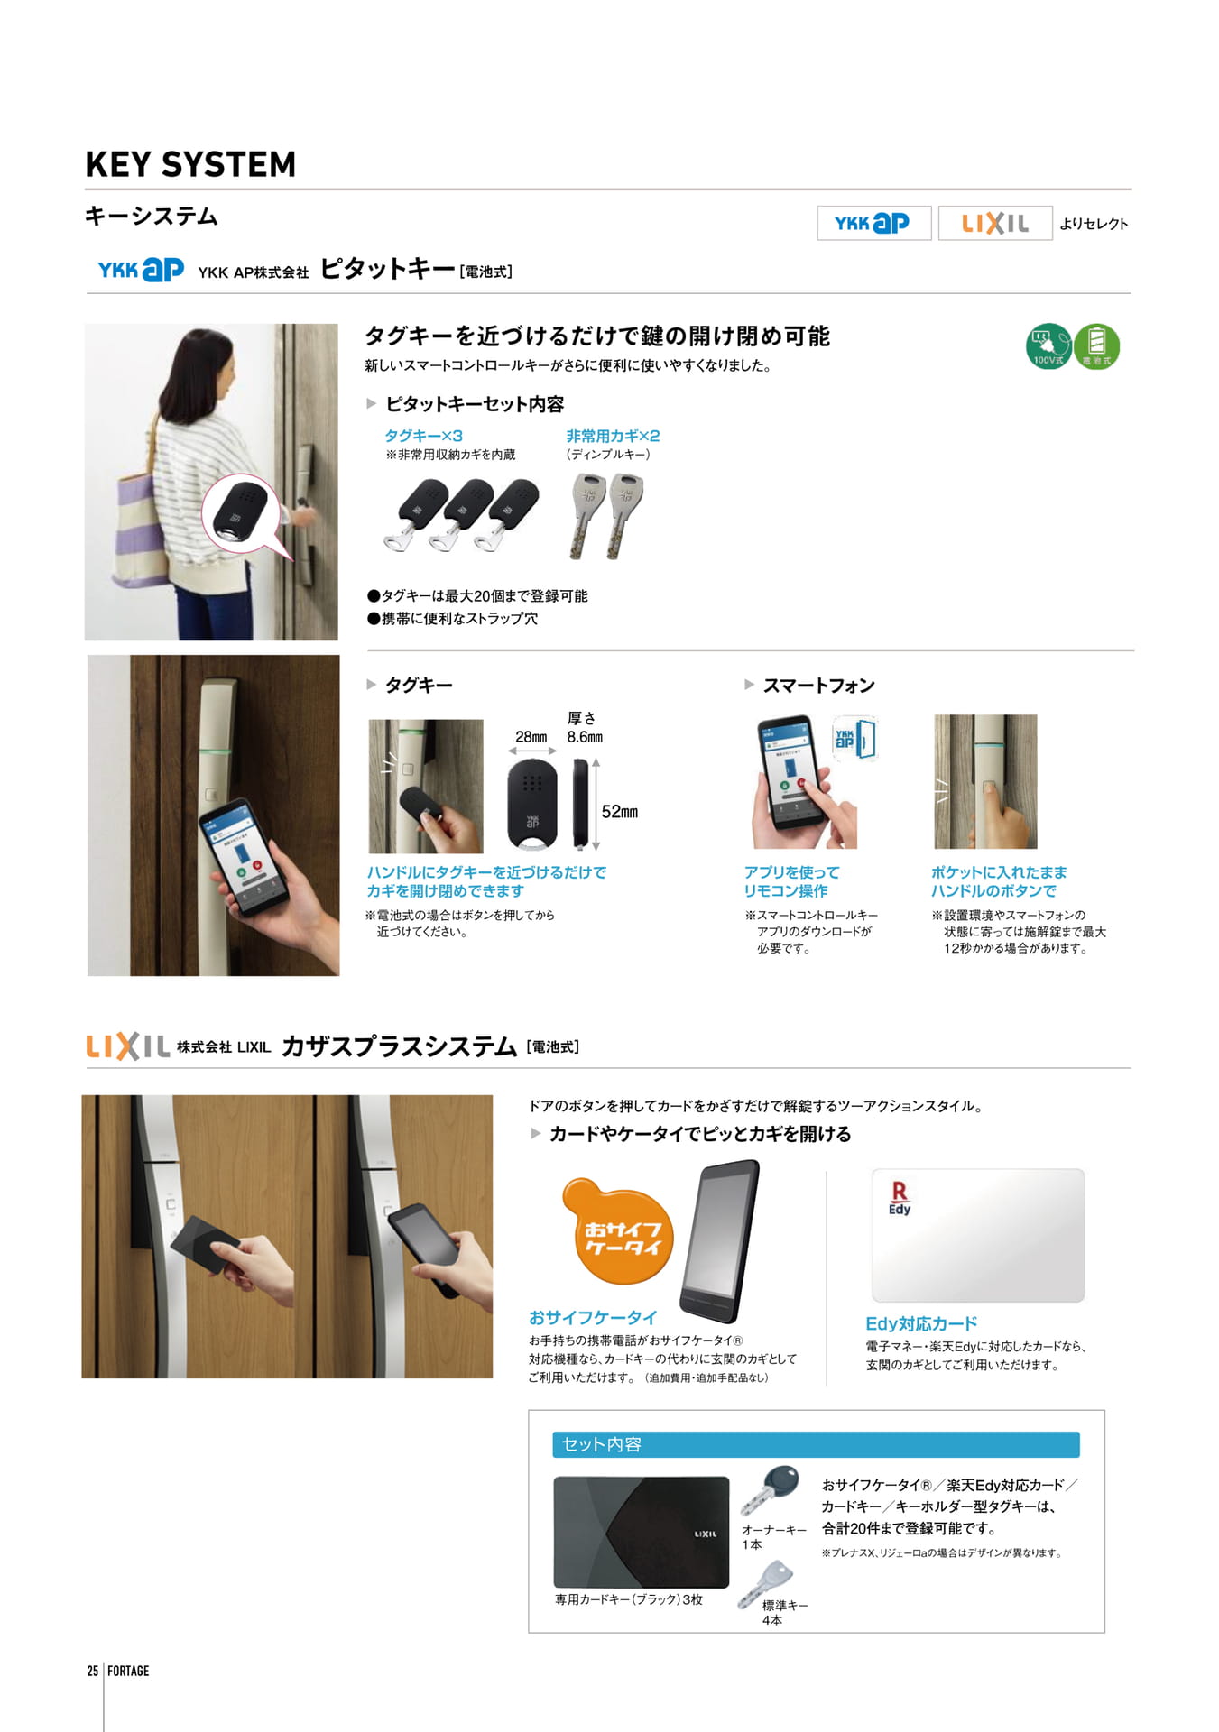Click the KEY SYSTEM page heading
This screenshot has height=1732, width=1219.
pos(190,164)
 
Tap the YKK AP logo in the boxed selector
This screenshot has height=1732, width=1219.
pos(873,223)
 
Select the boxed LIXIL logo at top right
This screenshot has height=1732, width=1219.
pos(995,223)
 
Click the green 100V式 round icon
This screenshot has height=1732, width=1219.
pos(1048,346)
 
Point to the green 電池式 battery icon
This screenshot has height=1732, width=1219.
pos(1096,346)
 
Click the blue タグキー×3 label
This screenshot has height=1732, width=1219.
pos(424,436)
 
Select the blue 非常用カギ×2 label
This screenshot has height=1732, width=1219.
pos(613,436)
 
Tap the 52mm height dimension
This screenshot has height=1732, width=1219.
pos(620,812)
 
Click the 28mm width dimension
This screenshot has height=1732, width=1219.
pos(531,737)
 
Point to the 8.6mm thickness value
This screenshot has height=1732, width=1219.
pos(585,737)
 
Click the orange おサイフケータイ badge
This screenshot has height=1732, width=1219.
pos(619,1230)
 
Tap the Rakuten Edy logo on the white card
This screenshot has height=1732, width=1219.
pos(900,1199)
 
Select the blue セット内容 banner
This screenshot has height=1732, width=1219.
pos(816,1444)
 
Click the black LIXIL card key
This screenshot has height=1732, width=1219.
pos(641,1533)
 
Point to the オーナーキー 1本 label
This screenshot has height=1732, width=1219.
pos(774,1537)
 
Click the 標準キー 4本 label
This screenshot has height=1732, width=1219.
pos(785,1613)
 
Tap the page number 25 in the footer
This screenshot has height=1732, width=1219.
pos(93,1671)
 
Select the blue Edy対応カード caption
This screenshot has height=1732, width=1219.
pos(921,1323)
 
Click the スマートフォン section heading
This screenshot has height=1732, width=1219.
pos(818,686)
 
